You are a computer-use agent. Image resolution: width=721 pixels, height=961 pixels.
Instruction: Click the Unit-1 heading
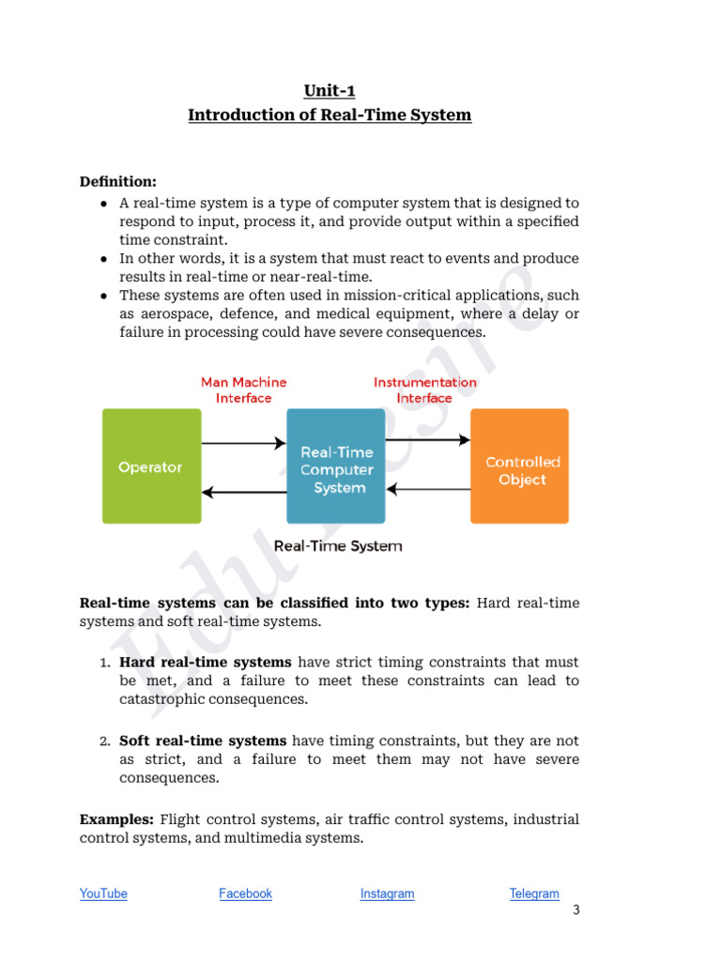point(330,91)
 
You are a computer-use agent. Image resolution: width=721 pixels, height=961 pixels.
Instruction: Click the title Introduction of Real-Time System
point(330,115)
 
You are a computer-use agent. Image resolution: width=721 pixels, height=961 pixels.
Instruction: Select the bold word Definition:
point(118,181)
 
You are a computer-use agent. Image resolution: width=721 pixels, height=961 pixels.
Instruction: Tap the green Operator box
point(151,466)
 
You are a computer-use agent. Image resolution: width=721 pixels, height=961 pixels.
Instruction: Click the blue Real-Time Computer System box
point(336,466)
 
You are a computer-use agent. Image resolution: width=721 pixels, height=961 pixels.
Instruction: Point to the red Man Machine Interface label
point(244,389)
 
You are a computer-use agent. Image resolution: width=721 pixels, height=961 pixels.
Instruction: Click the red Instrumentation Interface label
point(424,389)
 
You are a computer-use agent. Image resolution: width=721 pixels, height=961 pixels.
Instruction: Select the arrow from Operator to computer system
point(243,442)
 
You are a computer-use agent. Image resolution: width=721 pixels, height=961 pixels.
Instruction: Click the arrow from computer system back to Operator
point(243,491)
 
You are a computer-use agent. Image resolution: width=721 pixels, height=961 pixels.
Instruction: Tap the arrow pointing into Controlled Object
point(427,439)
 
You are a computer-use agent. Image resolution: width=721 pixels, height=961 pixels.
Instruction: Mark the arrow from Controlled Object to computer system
point(427,489)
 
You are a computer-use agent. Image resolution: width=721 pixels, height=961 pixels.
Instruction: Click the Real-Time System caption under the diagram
point(337,545)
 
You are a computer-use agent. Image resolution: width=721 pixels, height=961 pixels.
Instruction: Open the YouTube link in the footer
point(103,893)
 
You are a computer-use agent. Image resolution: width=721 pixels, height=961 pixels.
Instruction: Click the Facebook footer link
point(245,893)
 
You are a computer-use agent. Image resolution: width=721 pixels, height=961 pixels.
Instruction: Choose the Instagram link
point(387,893)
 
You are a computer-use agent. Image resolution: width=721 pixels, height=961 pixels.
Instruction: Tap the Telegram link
point(534,893)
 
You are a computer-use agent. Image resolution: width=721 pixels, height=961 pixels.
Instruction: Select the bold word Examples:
point(117,819)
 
